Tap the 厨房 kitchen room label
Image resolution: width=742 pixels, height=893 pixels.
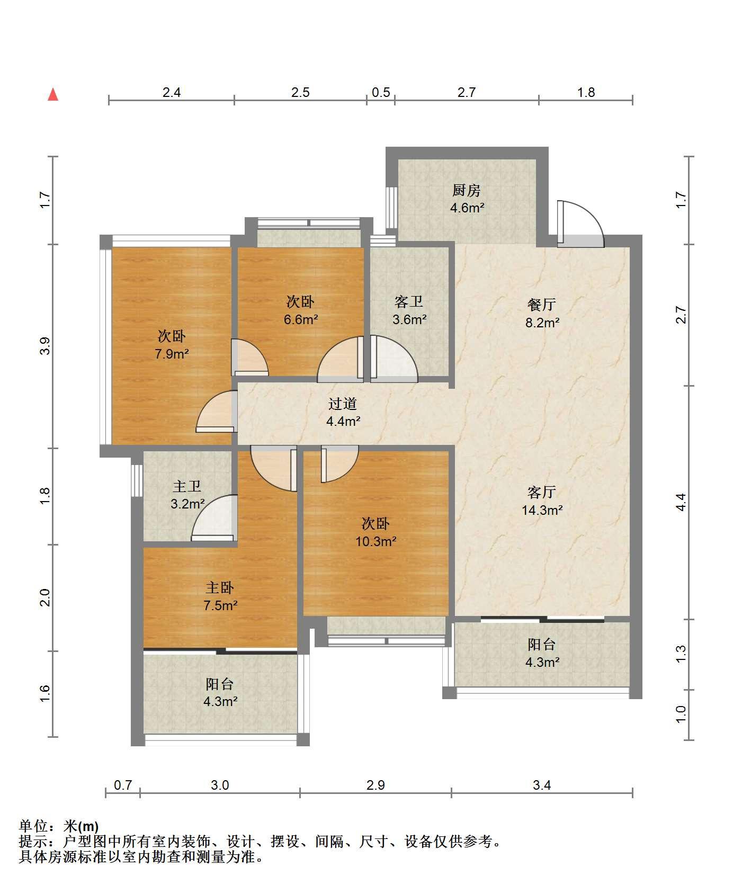pyautogui.click(x=467, y=190)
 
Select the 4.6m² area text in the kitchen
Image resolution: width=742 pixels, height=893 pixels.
pyautogui.click(x=467, y=208)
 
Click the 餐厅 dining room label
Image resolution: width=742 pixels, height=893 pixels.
pyautogui.click(x=542, y=305)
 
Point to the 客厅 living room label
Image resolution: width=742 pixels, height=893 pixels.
pyautogui.click(x=542, y=492)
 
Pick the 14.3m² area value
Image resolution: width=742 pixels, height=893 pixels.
pyautogui.click(x=542, y=510)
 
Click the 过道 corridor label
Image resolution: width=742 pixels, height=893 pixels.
pyautogui.click(x=343, y=404)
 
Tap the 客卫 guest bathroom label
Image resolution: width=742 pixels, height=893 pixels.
pyautogui.click(x=409, y=302)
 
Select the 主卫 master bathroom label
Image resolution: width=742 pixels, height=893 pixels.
pyautogui.click(x=187, y=486)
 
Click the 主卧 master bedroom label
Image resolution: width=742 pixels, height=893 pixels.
pyautogui.click(x=220, y=587)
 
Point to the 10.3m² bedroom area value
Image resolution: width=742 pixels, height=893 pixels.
pyautogui.click(x=376, y=541)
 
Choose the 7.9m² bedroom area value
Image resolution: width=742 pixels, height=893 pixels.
pyautogui.click(x=172, y=354)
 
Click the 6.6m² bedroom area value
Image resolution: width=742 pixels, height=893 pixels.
pyautogui.click(x=301, y=319)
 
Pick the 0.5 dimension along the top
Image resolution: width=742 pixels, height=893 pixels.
pyautogui.click(x=381, y=93)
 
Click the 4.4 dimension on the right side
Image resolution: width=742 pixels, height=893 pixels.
pyautogui.click(x=681, y=502)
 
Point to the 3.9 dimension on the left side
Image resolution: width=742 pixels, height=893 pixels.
pyautogui.click(x=46, y=346)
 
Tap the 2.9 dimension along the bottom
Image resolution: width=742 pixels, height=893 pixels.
pyautogui.click(x=376, y=785)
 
